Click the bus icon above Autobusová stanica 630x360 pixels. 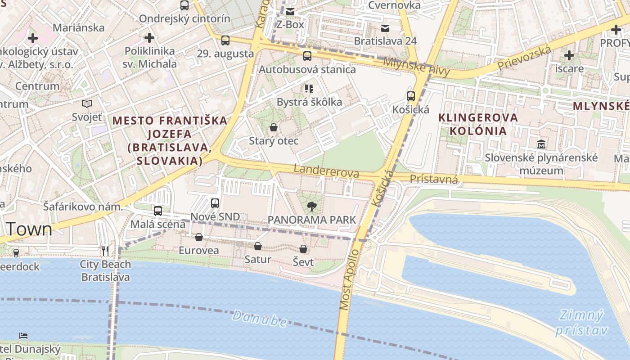(307, 56)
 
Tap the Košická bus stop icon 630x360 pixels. (411, 96)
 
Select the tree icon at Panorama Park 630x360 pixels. (311, 207)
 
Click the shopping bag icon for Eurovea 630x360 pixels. (199, 237)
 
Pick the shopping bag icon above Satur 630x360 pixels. (258, 246)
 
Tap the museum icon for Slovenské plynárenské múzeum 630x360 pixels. (541, 144)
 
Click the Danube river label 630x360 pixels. (260, 319)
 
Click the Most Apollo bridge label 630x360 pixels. (349, 279)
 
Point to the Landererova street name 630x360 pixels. (326, 171)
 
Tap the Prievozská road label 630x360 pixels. (524, 58)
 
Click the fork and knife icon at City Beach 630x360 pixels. (105, 251)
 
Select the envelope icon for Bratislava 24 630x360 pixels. (385, 28)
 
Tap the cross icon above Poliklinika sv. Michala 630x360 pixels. (149, 38)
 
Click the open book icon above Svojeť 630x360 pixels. (87, 104)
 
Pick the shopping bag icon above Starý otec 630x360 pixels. (273, 127)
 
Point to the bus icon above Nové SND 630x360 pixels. (215, 203)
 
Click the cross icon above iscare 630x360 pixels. (569, 55)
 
